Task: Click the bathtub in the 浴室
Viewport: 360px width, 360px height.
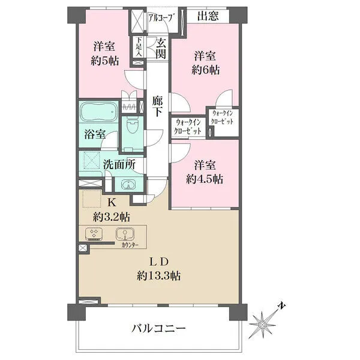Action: click(x=98, y=113)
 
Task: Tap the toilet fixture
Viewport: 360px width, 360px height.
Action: click(x=132, y=125)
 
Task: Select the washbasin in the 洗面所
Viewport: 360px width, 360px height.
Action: click(x=128, y=184)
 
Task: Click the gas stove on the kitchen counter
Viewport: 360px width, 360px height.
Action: click(x=94, y=234)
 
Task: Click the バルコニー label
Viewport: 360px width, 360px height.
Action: click(x=158, y=329)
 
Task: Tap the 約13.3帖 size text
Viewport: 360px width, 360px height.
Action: click(x=158, y=276)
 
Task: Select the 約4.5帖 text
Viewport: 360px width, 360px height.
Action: click(x=205, y=179)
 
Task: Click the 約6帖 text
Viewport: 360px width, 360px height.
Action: click(x=205, y=70)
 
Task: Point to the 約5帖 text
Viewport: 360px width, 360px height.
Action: click(x=104, y=61)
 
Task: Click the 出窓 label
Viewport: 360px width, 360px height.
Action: click(x=208, y=16)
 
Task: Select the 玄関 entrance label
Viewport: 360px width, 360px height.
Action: click(x=161, y=49)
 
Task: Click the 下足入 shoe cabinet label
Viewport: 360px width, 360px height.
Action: click(x=139, y=47)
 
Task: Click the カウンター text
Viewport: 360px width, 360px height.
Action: click(x=130, y=245)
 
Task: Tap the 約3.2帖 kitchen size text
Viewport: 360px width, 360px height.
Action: click(x=112, y=217)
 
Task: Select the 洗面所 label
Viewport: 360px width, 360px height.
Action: click(x=119, y=164)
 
